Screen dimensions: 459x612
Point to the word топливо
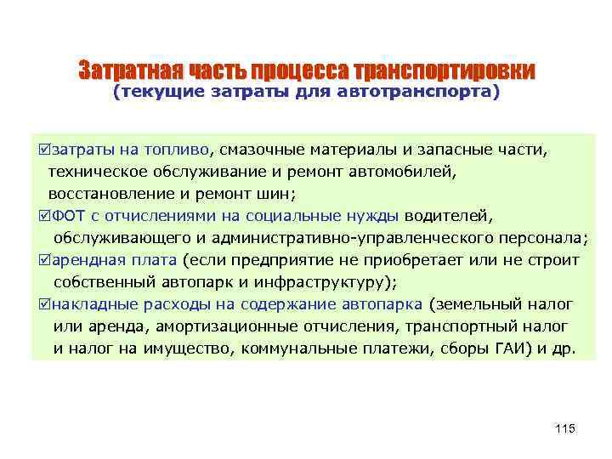(x=182, y=150)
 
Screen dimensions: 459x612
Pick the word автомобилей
(x=407, y=173)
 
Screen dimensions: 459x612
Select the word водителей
(x=450, y=216)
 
